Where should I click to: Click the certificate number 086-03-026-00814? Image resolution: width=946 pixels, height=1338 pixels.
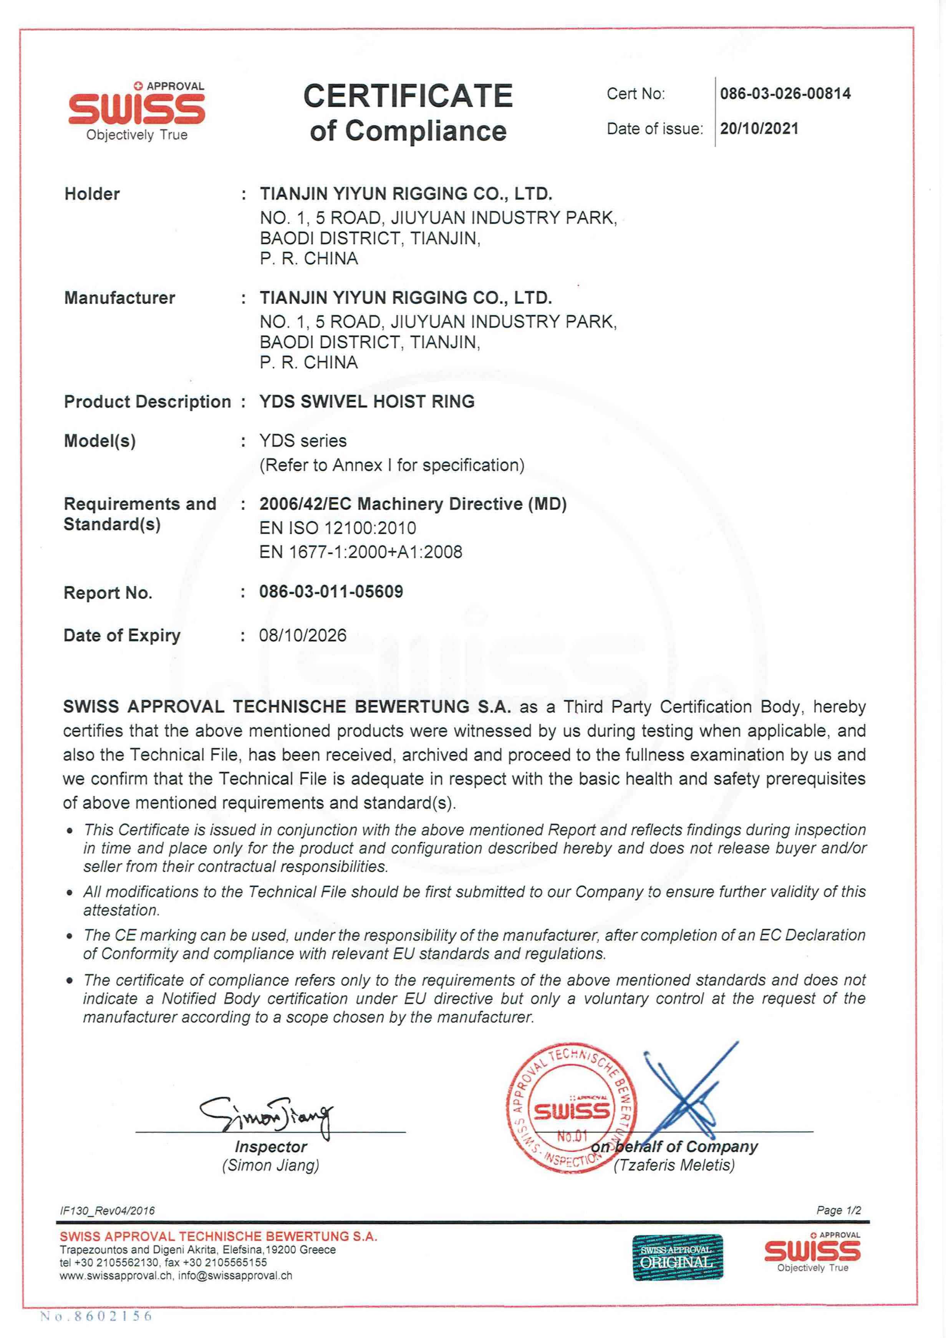785,93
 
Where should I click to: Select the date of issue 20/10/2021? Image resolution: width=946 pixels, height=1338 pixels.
759,129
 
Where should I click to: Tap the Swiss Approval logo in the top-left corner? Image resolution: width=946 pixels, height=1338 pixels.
137,111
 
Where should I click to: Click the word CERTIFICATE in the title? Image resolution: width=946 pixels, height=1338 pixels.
408,96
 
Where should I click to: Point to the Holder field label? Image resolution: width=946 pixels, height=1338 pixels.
92,194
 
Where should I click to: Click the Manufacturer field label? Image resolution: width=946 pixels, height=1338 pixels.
119,298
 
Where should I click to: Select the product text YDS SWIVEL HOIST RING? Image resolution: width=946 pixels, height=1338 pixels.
367,402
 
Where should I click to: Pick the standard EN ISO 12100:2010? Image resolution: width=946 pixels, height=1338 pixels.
338,528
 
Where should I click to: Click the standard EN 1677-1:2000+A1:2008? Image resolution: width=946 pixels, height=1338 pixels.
360,552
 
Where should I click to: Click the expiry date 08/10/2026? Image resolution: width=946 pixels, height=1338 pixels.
303,635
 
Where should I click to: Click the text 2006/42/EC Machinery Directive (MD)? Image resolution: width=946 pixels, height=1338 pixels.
413,504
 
